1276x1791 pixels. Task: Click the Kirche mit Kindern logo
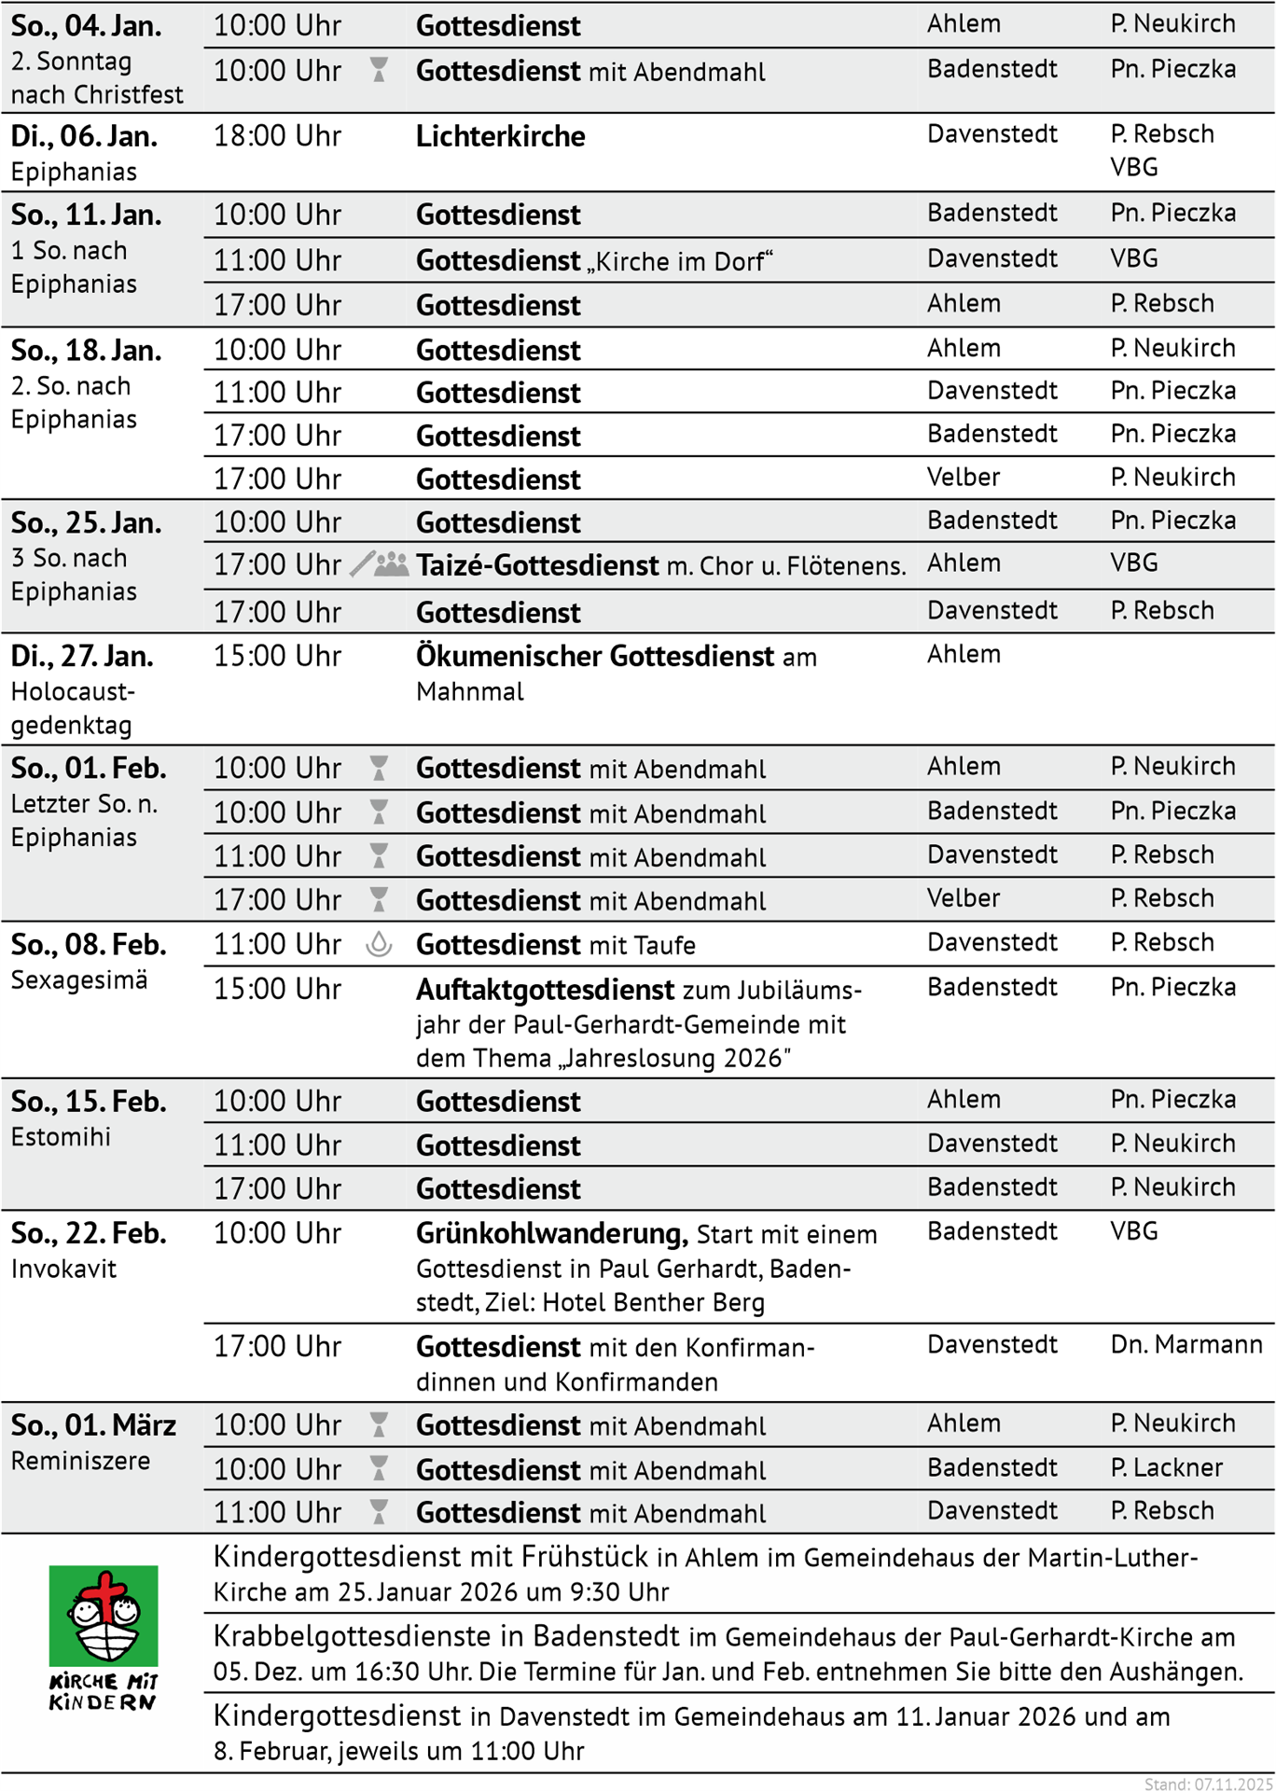[103, 1636]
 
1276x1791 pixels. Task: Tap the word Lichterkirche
[500, 136]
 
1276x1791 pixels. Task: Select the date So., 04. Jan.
[86, 26]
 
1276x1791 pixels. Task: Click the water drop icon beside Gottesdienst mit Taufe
[379, 944]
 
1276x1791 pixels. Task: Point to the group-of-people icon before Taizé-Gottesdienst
[392, 564]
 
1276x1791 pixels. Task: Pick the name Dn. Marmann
[1186, 1344]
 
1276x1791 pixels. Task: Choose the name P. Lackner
[1166, 1467]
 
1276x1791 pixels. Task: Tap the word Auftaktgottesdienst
[545, 989]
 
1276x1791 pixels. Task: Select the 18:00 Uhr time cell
[277, 136]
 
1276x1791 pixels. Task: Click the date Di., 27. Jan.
[82, 657]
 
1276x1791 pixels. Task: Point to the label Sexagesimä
[79, 980]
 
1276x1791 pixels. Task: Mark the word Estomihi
[61, 1137]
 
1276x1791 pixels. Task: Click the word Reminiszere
[80, 1461]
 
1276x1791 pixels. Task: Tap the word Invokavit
[63, 1269]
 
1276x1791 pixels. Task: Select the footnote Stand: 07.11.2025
[1208, 1784]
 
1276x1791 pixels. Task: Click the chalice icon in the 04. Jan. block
[379, 70]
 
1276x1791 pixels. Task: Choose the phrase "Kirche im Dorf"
[680, 261]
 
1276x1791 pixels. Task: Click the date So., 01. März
[93, 1425]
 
